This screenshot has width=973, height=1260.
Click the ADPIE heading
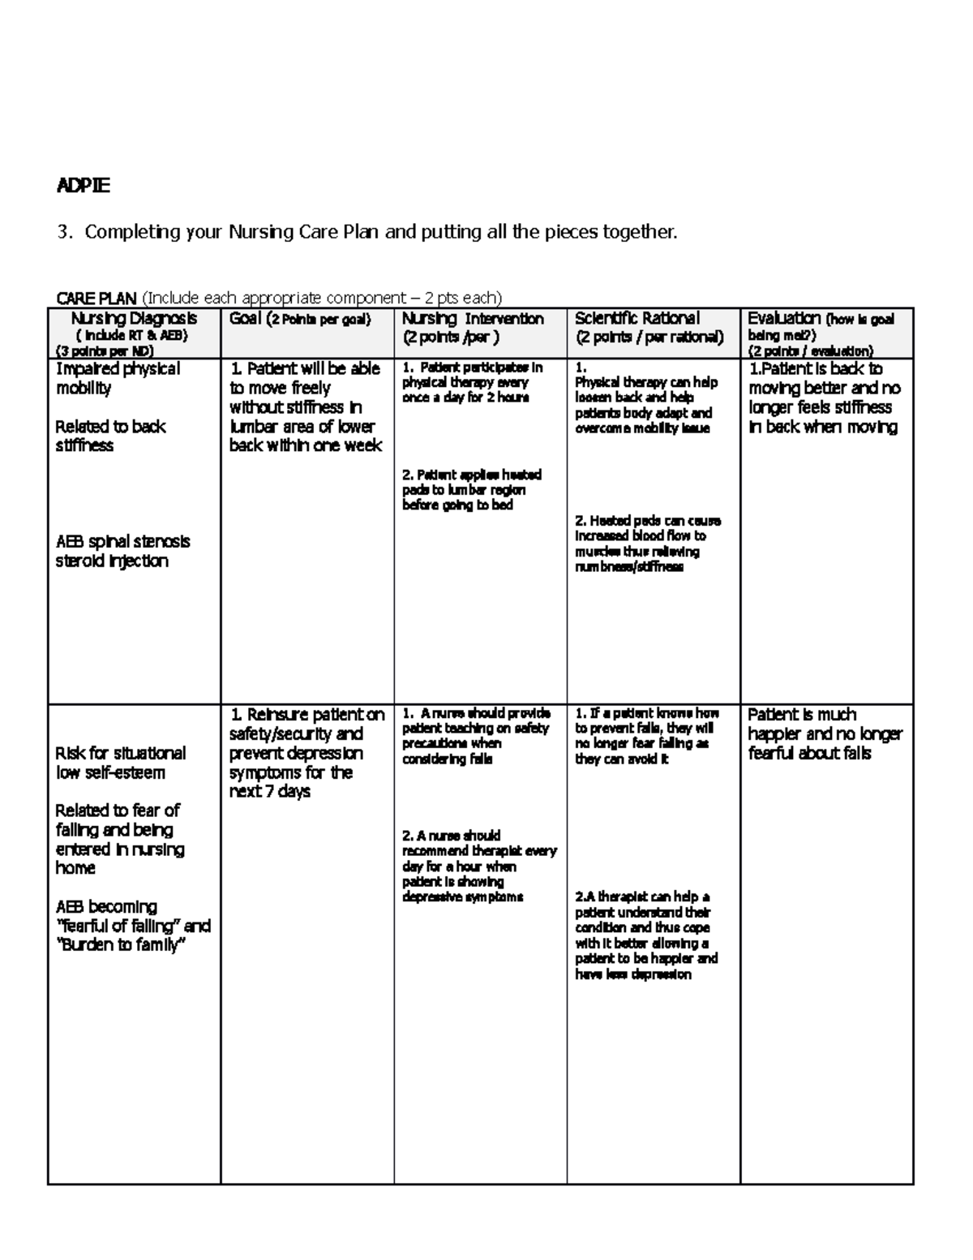[82, 186]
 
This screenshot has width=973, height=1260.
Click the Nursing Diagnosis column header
[134, 319]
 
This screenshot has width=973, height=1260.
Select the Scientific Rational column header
[637, 319]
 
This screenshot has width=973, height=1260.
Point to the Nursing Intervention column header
[473, 319]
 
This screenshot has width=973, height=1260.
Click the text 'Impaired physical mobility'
[117, 378]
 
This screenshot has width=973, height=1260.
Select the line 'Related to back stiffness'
[109, 436]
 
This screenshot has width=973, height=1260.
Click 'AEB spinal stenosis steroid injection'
[122, 551]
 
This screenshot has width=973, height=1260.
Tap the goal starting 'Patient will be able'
[305, 406]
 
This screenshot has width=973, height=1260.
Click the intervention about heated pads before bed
[471, 489]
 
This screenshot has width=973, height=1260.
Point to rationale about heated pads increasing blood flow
[647, 544]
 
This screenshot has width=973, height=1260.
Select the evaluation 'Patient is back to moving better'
[823, 398]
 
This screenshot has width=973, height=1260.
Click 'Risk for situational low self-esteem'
[120, 763]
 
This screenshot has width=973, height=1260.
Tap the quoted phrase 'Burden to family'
[122, 946]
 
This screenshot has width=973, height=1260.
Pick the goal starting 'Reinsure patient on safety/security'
[306, 752]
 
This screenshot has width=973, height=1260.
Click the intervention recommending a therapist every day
[478, 866]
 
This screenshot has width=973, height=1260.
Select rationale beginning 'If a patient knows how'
[646, 736]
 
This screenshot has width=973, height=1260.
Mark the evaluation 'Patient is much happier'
[824, 733]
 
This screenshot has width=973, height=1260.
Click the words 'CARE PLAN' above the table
[96, 298]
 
